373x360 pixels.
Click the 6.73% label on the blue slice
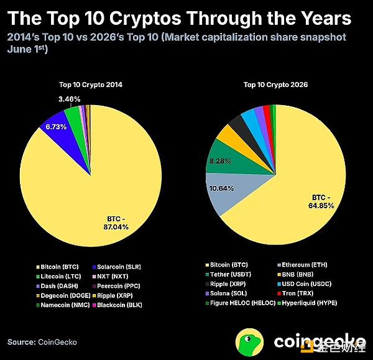coord(56,127)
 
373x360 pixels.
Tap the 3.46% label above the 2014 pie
coord(70,99)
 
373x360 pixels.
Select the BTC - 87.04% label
coord(116,223)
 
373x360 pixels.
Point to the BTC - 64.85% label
coord(321,201)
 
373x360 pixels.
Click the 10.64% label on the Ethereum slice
coord(222,188)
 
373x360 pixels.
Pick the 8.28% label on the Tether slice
coord(220,161)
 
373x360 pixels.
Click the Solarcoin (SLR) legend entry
coord(117,267)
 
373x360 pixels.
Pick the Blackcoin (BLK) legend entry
coord(117,305)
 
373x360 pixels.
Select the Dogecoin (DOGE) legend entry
coord(63,295)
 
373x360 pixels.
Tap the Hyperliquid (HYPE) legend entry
coord(308,303)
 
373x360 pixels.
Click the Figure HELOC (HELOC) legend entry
coord(241,303)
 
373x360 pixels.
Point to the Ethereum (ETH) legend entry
coord(303,265)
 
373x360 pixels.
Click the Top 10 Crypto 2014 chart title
coord(91,85)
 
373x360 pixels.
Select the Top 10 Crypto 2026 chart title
coord(275,85)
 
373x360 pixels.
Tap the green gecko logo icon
coord(249,343)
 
